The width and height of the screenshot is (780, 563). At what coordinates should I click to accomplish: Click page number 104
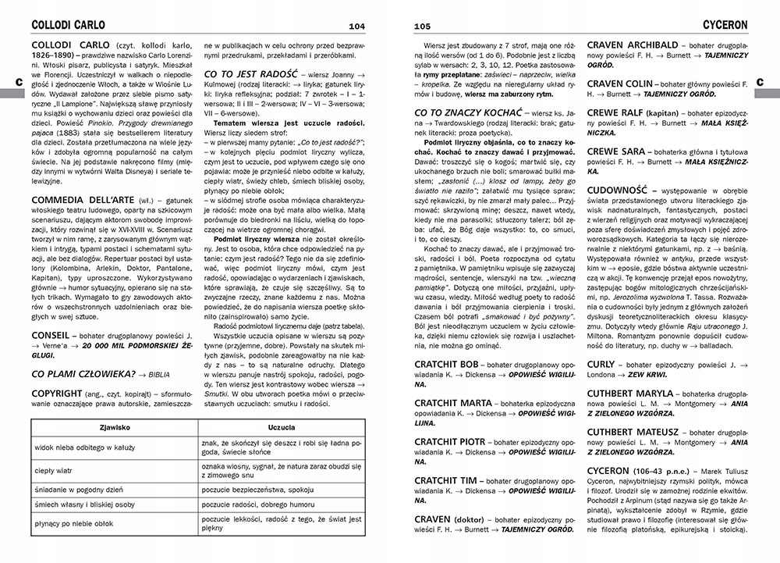pos(357,27)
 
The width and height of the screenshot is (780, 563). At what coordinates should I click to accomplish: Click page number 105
pos(422,27)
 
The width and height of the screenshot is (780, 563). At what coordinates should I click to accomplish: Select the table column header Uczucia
pos(281,429)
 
